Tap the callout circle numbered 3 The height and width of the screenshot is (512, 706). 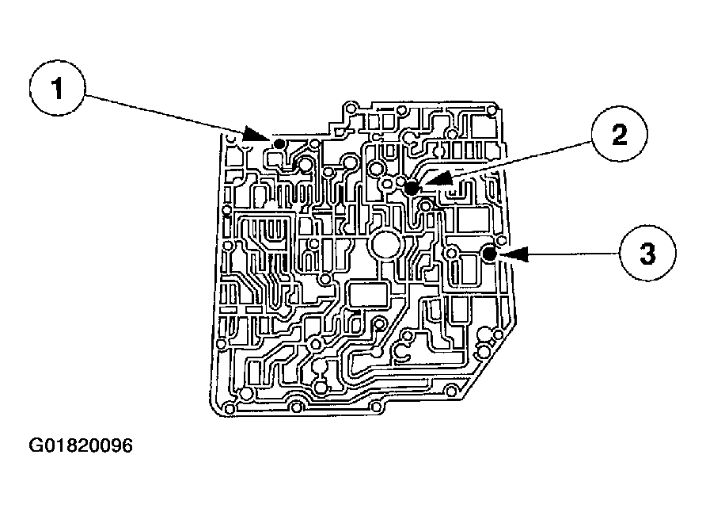click(647, 254)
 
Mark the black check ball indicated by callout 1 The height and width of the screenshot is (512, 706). click(279, 143)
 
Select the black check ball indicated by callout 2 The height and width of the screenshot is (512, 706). click(412, 188)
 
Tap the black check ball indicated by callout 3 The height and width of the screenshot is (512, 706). click(489, 254)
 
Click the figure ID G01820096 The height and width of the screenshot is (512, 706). click(81, 446)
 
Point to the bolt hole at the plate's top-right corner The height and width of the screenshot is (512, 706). click(492, 112)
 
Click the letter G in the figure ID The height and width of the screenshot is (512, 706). click(36, 446)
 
